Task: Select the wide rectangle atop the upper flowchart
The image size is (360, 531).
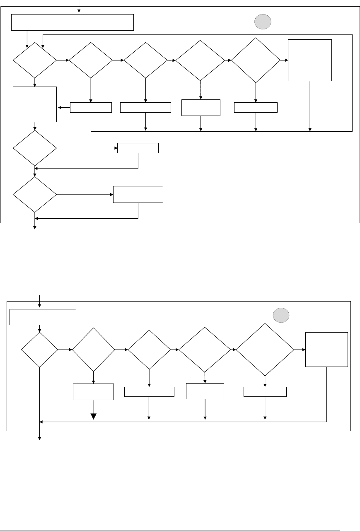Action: tap(72, 22)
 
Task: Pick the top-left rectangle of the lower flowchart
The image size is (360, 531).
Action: tap(43, 317)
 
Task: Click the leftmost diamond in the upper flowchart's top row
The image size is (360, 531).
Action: tap(35, 60)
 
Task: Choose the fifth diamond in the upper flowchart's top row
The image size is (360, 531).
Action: tap(256, 60)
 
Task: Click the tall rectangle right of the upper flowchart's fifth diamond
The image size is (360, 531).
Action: tap(310, 60)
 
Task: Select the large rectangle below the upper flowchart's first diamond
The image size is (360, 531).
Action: tap(35, 104)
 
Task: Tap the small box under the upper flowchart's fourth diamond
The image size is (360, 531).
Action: tap(201, 108)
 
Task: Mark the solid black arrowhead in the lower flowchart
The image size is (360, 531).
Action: tap(94, 416)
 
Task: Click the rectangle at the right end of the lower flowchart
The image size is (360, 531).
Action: tap(326, 349)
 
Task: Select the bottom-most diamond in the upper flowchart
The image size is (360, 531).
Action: tap(35, 194)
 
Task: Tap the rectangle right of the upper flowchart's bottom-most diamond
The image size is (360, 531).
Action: tap(138, 194)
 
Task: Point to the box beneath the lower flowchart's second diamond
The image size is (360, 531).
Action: tap(94, 391)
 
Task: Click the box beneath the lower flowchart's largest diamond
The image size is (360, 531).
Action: tap(265, 391)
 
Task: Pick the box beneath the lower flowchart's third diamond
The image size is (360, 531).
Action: tap(149, 391)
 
